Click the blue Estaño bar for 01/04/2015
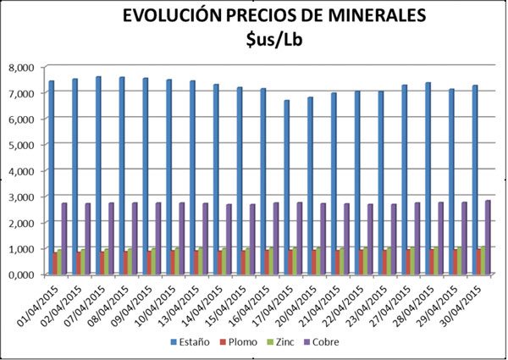pos(52,178)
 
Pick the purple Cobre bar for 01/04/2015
pos(64,239)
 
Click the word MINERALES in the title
pos(360,16)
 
